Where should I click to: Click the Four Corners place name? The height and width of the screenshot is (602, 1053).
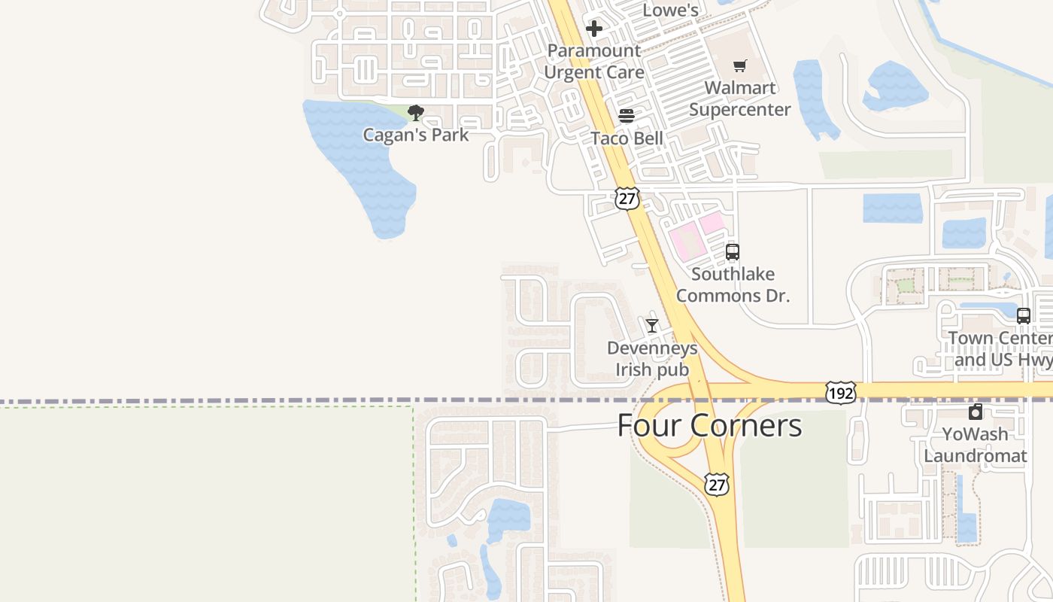(709, 426)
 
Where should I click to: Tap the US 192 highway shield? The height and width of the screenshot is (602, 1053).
(840, 392)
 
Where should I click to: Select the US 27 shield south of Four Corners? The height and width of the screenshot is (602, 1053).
(717, 484)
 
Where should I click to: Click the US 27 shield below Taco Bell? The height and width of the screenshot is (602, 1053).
(627, 198)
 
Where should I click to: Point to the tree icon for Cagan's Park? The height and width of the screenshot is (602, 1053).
(415, 114)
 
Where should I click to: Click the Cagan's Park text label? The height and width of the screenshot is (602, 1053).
(415, 135)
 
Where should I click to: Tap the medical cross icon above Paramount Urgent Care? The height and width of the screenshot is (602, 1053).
(594, 29)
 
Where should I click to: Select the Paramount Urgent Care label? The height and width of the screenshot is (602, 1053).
(594, 62)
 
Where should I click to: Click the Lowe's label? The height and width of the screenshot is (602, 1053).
(671, 11)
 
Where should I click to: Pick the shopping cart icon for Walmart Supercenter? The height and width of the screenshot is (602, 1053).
(740, 66)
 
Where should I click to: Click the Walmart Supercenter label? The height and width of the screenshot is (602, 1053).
(740, 99)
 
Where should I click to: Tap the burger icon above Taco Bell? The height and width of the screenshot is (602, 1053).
(627, 116)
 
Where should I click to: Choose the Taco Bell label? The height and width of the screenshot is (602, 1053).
(627, 138)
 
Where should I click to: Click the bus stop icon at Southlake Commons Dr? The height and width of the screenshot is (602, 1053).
(733, 252)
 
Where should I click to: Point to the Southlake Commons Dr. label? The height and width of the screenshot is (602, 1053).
(733, 284)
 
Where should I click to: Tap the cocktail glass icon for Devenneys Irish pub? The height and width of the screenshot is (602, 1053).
(652, 326)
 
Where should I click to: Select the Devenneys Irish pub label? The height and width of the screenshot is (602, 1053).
(652, 359)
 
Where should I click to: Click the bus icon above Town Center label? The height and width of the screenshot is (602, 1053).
(1024, 316)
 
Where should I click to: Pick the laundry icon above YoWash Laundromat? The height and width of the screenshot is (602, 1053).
(976, 412)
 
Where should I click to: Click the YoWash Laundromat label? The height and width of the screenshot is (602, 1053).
(976, 445)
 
